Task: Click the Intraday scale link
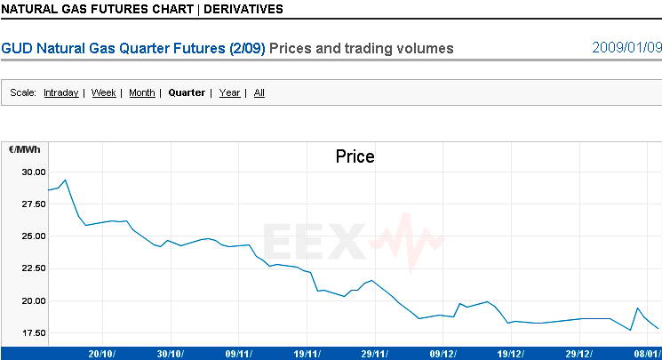(x=60, y=92)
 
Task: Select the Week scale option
(x=104, y=92)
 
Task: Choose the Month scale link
(x=142, y=92)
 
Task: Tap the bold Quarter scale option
(x=187, y=92)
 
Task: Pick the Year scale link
(x=229, y=92)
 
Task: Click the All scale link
(x=259, y=92)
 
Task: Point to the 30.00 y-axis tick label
(x=33, y=172)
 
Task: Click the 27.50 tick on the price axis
(x=33, y=204)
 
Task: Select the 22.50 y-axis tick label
(x=33, y=268)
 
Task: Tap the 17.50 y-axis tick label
(x=33, y=332)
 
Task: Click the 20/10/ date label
(x=101, y=353)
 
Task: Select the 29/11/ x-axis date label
(x=377, y=353)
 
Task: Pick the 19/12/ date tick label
(x=514, y=353)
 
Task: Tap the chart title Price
(x=355, y=156)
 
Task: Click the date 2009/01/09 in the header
(x=626, y=47)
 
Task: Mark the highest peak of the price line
(x=65, y=180)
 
